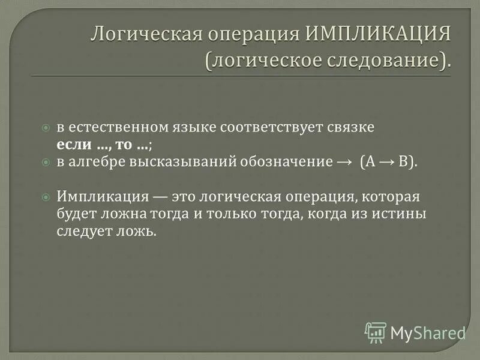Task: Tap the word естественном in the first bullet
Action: tap(108, 128)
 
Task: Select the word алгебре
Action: tap(97, 162)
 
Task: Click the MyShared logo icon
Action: tap(376, 332)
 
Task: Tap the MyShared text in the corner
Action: tap(427, 332)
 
